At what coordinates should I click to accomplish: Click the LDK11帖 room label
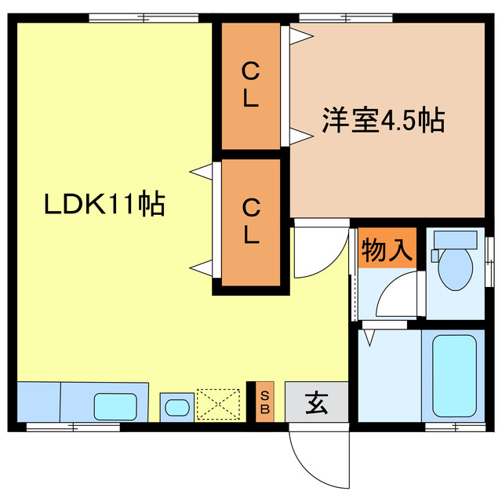104,205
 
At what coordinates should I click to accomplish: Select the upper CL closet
251,86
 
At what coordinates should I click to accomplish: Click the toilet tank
455,238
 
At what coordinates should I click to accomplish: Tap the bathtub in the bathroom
455,376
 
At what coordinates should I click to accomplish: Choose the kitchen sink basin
119,406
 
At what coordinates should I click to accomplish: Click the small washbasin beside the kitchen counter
177,407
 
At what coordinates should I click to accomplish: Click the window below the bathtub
455,427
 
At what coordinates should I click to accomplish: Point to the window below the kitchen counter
62,427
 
